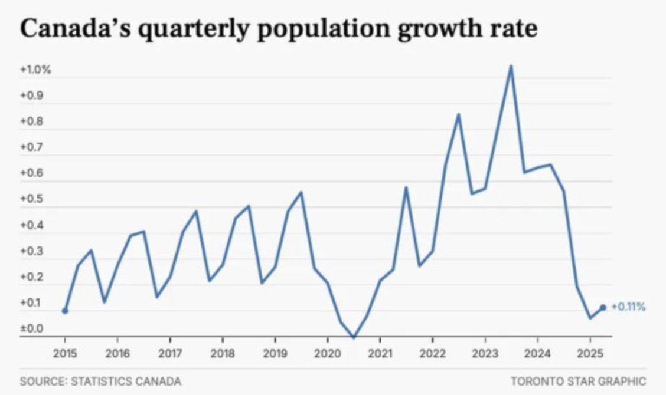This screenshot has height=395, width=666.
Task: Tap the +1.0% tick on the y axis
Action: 36,70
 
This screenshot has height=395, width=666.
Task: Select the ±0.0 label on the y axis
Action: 32,328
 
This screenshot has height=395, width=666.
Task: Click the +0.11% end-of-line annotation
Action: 628,307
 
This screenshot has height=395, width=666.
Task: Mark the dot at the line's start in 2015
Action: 65,311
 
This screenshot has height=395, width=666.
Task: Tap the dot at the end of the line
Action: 603,307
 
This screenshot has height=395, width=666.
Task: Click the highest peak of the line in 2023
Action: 511,65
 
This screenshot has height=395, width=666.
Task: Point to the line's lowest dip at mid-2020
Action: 354,337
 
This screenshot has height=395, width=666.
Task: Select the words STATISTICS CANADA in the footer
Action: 126,381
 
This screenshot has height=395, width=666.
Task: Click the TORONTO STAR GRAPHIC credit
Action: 578,381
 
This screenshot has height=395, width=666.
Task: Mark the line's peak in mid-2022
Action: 458,114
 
